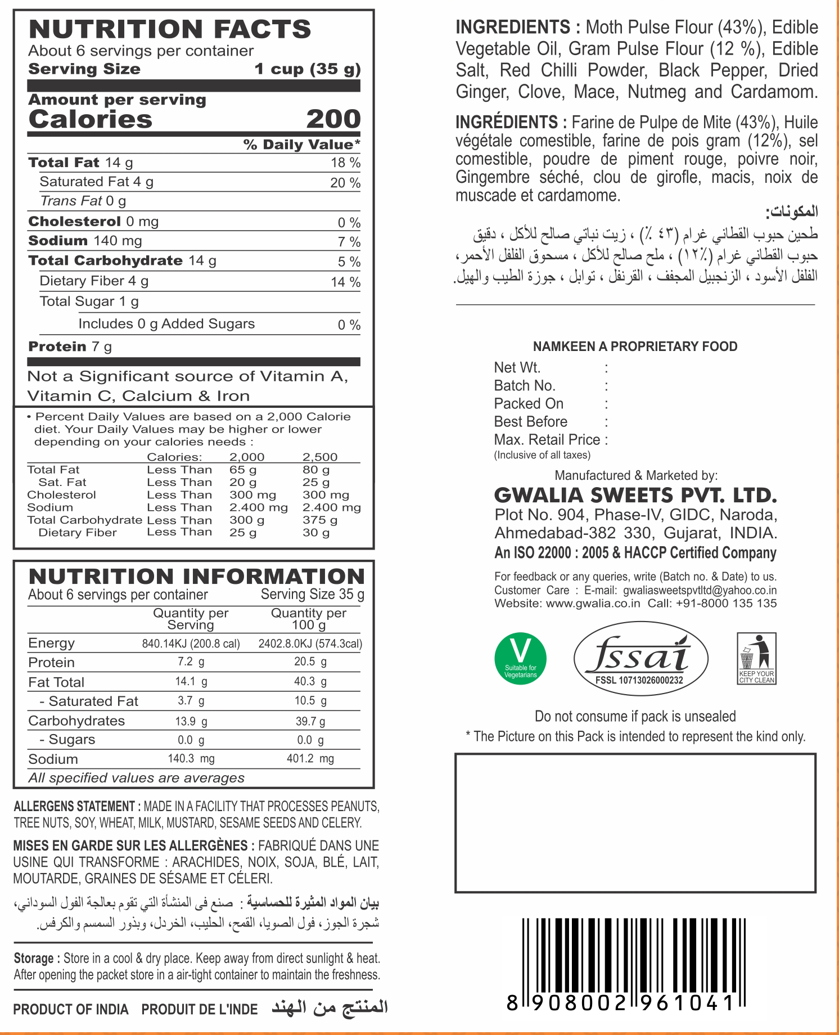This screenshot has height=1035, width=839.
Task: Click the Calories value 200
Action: (x=333, y=119)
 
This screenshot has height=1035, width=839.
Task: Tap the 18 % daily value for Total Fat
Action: (x=345, y=163)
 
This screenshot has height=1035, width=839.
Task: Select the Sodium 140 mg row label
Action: (x=85, y=241)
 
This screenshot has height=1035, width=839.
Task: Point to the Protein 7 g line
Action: (x=70, y=346)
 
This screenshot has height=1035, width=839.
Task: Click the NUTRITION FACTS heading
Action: (x=170, y=29)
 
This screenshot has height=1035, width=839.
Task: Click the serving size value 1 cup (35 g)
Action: (x=307, y=69)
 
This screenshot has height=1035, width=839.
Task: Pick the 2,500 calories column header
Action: (x=319, y=457)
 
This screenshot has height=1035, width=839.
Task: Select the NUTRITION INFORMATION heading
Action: (x=197, y=576)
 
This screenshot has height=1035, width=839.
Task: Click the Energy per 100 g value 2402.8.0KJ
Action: (x=310, y=643)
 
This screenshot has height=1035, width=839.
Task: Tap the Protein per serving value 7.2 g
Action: (x=191, y=662)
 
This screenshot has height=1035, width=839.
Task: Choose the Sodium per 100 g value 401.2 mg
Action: (x=310, y=759)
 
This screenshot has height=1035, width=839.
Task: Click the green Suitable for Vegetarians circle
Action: (x=520, y=658)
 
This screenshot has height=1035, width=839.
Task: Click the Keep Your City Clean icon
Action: (x=756, y=658)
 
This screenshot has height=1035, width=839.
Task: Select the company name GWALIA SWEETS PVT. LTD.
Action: (x=635, y=495)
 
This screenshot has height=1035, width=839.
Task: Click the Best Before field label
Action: (x=530, y=421)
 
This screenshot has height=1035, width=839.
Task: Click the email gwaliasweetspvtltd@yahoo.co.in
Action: (x=700, y=590)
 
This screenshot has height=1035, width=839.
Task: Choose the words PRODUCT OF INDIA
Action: (x=71, y=1009)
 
